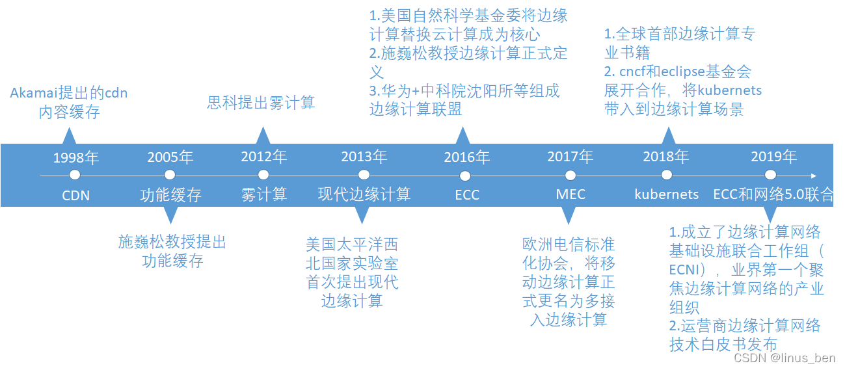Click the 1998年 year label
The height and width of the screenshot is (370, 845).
[x=75, y=157]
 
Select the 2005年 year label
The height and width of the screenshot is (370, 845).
[x=170, y=157]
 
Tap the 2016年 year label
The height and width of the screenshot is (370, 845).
[x=466, y=157]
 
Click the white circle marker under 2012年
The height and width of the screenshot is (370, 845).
[x=263, y=175]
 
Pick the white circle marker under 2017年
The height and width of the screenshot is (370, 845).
[x=570, y=175]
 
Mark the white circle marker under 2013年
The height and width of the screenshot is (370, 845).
[x=364, y=175]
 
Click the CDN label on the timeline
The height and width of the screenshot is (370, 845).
[x=75, y=194]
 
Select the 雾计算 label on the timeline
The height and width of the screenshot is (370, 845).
[x=263, y=194]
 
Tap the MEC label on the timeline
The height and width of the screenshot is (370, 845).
[x=570, y=194]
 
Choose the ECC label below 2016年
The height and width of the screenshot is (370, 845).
[x=466, y=194]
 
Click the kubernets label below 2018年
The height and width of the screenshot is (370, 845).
[x=667, y=194]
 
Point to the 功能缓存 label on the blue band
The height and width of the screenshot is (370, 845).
[x=170, y=194]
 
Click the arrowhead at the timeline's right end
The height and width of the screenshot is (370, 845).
[x=815, y=175]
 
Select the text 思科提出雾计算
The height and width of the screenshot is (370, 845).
[x=261, y=103]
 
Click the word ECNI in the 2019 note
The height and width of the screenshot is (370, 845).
[x=684, y=269]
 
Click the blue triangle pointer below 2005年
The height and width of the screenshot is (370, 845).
[x=170, y=215]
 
